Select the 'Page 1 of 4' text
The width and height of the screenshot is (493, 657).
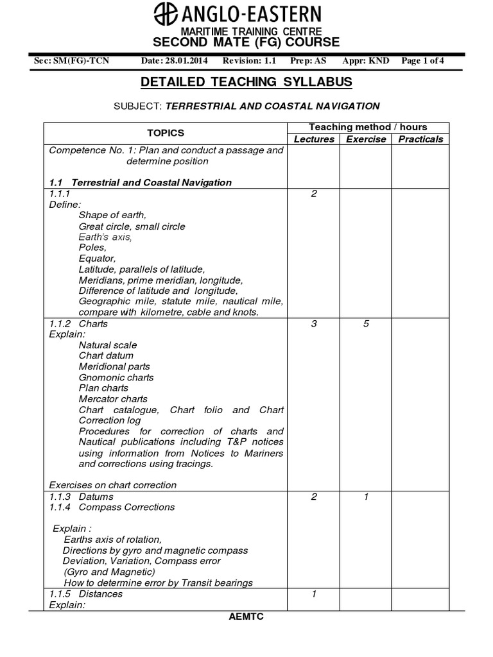pos(422,61)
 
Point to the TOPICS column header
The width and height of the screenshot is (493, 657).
pos(165,133)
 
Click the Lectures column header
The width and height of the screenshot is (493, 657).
pos(314,139)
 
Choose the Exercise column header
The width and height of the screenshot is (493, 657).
pos(366,139)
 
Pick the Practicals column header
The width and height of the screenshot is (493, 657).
pos(420,139)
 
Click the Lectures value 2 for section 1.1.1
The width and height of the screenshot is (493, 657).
pos(314,194)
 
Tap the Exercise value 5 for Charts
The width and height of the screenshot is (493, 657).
pos(366,324)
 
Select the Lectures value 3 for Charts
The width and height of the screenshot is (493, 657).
pos(314,324)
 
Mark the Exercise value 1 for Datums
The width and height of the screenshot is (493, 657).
pos(366,497)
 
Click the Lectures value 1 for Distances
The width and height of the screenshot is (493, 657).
pos(314,593)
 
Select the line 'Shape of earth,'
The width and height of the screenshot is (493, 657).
pos(112,215)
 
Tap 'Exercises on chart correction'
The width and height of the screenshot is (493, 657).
pos(112,484)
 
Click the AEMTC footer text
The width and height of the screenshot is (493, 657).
pos(246,616)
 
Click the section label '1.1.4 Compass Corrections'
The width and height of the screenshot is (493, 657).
pos(112,507)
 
